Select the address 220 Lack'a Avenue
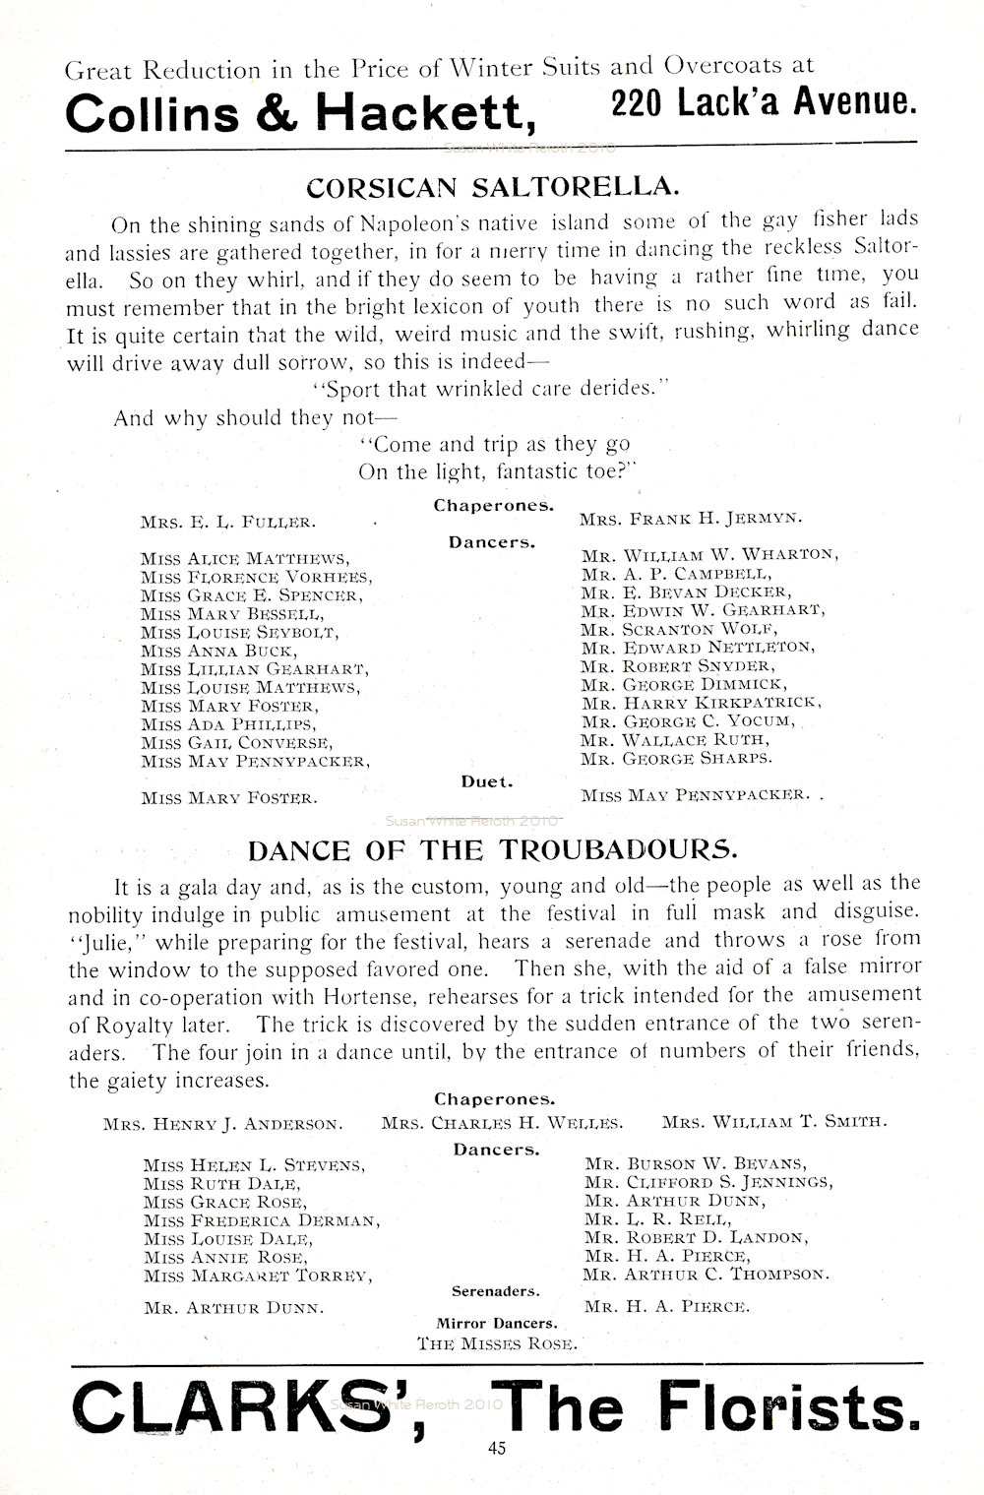click(x=763, y=102)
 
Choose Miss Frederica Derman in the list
click(x=261, y=1220)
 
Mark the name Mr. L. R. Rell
click(x=656, y=1219)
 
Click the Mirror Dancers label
click(x=496, y=1324)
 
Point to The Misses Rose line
click(x=496, y=1342)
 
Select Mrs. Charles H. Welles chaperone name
click(x=502, y=1122)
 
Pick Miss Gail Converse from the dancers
click(x=236, y=742)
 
